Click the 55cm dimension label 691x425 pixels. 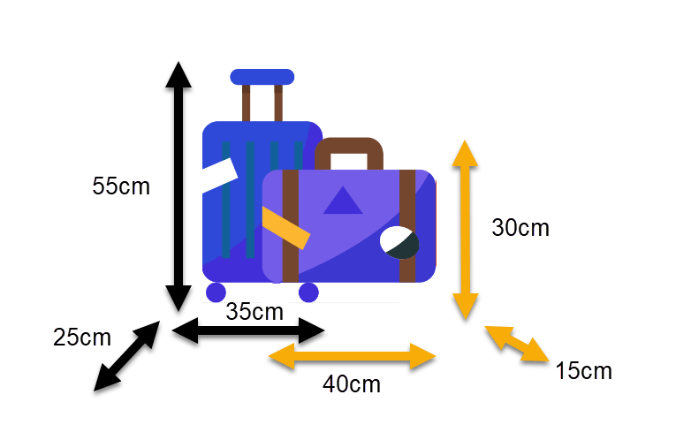point(121,186)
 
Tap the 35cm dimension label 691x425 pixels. point(254,312)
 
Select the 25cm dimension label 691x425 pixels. point(82,338)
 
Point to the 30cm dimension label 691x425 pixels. point(520,228)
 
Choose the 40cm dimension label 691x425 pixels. point(351,384)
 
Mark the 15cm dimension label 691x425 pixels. point(583,371)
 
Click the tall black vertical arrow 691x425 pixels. point(178,186)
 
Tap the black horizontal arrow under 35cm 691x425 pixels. point(248,330)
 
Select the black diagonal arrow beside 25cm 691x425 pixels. point(127,356)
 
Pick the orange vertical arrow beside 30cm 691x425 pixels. point(466,230)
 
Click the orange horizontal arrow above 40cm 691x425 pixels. point(352,356)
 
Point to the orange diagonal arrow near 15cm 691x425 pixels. point(517,344)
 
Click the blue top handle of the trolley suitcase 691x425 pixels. point(262,77)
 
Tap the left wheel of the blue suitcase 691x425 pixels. point(216,292)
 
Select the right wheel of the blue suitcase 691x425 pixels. point(308,292)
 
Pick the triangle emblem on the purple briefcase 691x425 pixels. point(343,201)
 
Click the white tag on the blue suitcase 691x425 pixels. point(220,175)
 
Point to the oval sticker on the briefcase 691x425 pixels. point(399,242)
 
